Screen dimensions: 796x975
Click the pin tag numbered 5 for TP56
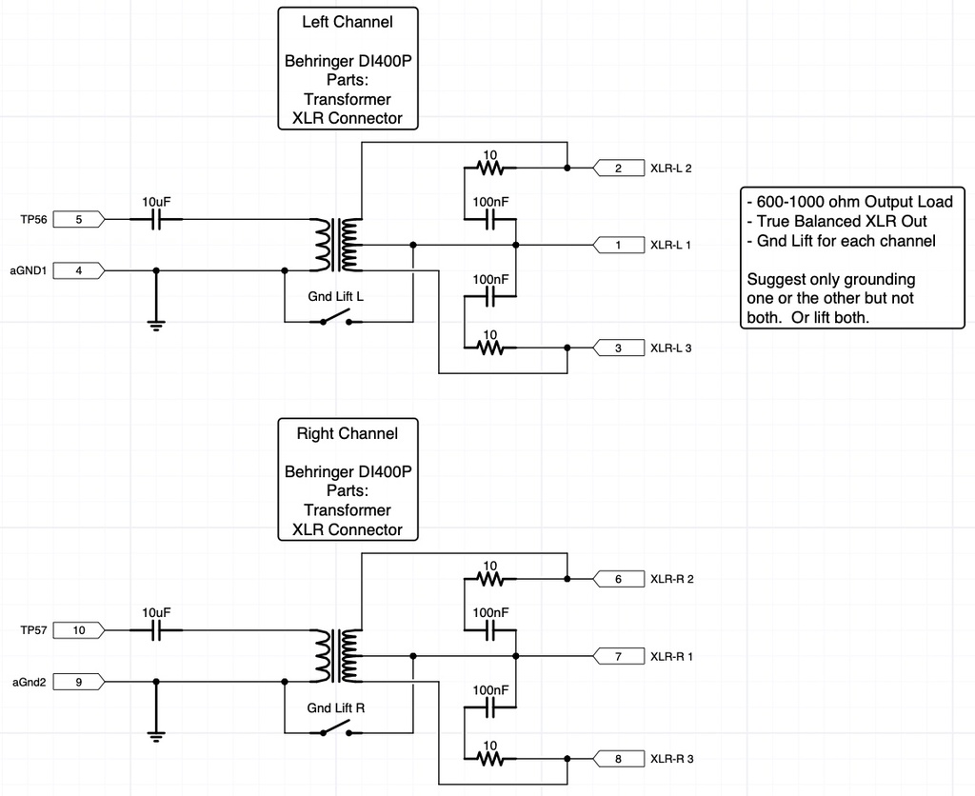click(x=78, y=220)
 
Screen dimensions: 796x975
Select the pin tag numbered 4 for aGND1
click(x=78, y=271)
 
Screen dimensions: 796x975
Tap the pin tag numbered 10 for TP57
click(x=78, y=630)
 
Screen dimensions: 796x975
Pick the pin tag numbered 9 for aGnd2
click(x=78, y=682)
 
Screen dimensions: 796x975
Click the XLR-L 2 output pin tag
click(x=617, y=169)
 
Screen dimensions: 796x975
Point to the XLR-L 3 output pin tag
click(x=617, y=348)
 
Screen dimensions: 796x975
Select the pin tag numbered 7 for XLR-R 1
click(x=617, y=656)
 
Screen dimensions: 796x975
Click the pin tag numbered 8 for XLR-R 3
click(x=617, y=759)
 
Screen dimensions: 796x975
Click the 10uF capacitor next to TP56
click(x=155, y=220)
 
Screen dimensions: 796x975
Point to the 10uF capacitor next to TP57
click(x=155, y=630)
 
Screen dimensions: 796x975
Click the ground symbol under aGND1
click(x=155, y=325)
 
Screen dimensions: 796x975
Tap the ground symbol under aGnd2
click(x=155, y=734)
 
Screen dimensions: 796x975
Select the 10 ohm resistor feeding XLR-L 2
click(x=489, y=169)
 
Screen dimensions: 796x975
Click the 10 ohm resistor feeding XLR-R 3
click(x=489, y=759)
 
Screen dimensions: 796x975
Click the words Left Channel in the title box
click(x=347, y=21)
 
